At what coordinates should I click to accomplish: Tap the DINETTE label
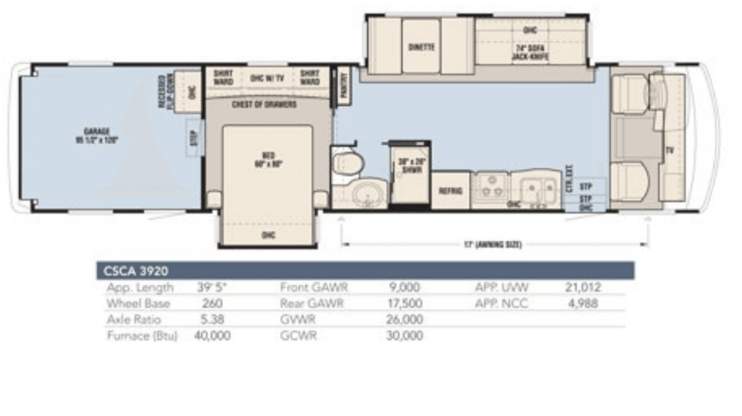point(421,47)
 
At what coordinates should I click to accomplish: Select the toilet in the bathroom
point(346,163)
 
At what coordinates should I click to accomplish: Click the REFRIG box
point(451,191)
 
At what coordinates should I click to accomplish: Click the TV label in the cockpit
point(670,151)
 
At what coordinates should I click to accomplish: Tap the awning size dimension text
point(493,245)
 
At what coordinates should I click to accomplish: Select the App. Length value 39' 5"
point(212,288)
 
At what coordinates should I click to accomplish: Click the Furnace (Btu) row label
point(141,336)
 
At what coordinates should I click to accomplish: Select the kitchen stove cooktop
point(490,189)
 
